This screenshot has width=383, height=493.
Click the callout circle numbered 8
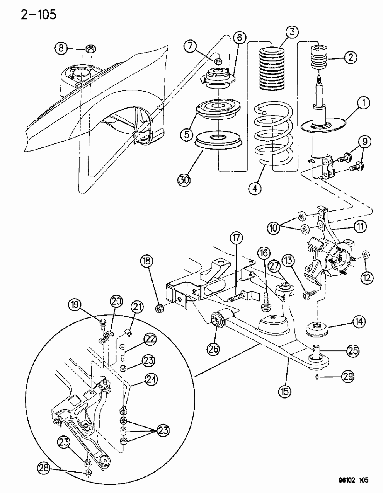(61, 48)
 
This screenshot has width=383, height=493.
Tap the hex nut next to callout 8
(90, 49)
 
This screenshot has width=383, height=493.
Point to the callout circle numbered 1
(364, 104)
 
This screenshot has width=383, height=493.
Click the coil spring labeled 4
(271, 135)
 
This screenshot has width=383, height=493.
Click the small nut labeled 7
(218, 61)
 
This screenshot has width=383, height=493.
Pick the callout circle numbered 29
(348, 376)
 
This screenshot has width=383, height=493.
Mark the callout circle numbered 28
(43, 468)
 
